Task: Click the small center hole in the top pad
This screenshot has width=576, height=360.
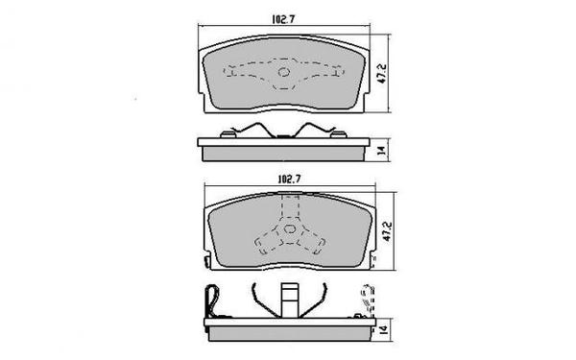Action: pyautogui.click(x=283, y=73)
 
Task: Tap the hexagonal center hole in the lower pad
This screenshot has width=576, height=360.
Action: pyautogui.click(x=285, y=230)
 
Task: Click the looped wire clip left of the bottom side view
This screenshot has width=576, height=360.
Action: pyautogui.click(x=213, y=303)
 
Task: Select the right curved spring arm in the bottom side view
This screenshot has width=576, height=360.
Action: pyautogui.click(x=318, y=299)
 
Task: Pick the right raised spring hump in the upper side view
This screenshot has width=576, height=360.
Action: pyautogui.click(x=315, y=132)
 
